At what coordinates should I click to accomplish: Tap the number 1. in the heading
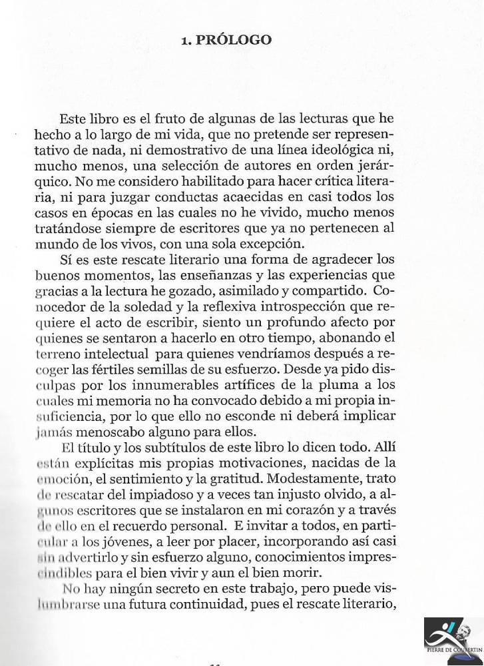[187, 40]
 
